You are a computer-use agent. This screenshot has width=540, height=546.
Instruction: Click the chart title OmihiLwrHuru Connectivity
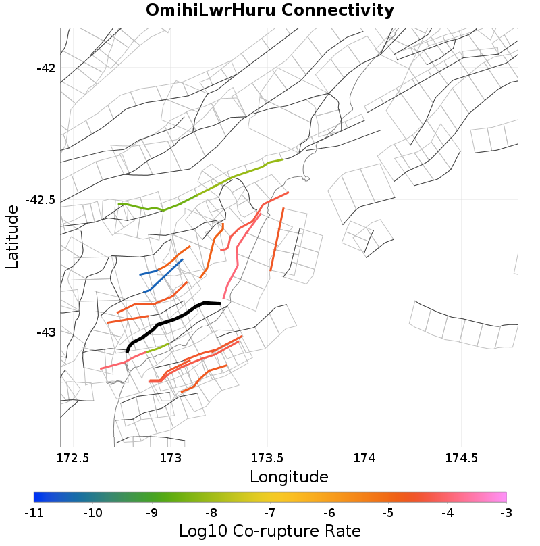coord(270,10)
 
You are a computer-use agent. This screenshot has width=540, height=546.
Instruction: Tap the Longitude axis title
coord(289,476)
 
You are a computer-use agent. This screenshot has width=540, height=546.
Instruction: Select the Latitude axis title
coord(12,237)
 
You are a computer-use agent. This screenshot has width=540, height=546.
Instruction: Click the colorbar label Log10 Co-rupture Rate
coord(270,530)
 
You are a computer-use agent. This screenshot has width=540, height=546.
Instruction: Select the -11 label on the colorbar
coord(34,513)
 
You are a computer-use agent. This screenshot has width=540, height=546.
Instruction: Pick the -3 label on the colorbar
coord(506,513)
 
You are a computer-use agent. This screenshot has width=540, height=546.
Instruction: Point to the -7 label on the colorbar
coord(270,513)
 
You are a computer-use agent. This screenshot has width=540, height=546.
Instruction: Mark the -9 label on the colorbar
coord(152,513)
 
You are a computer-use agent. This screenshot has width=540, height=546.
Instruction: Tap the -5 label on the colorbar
coord(388,513)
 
